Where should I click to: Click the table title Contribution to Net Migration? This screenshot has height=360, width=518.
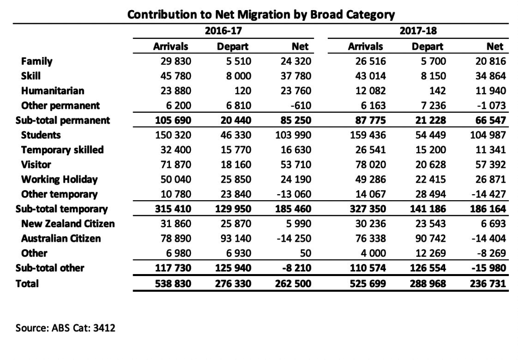[261, 15]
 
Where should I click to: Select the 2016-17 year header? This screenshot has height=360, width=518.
[223, 31]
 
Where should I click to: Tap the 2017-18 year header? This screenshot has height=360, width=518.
[418, 31]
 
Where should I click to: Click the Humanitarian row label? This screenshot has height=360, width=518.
[53, 91]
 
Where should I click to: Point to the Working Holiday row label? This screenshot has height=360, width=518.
[60, 179]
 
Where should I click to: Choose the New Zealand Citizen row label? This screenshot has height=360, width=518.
[68, 223]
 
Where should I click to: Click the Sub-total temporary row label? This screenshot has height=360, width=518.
[62, 209]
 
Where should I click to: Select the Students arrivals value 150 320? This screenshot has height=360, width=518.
[173, 135]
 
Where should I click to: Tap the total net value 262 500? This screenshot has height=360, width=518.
[293, 284]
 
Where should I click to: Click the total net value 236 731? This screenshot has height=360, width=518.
[488, 284]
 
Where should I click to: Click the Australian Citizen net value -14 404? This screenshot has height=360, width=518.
[489, 239]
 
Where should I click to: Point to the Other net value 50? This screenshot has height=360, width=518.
[306, 253]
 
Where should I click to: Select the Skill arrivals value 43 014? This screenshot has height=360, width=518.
[370, 76]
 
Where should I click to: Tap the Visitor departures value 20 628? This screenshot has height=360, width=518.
[430, 164]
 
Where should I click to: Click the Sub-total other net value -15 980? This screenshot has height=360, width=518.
[489, 268]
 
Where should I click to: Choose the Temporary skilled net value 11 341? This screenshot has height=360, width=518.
[491, 150]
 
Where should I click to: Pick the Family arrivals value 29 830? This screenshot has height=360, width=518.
[176, 61]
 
